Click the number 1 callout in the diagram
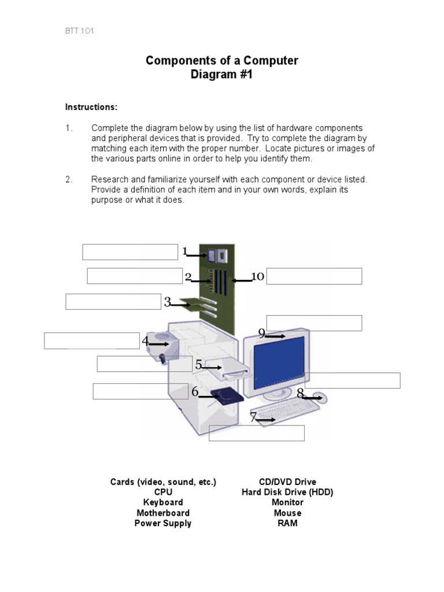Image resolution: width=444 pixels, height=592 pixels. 185,251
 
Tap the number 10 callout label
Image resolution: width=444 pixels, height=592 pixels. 257,277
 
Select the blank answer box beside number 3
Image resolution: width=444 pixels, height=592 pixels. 113,302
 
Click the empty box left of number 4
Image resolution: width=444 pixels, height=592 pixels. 92,341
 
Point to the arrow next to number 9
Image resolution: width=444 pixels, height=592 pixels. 276,336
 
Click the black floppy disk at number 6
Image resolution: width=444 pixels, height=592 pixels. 226,396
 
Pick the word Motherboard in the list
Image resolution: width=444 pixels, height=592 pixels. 163,513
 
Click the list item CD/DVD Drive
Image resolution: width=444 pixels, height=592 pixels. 287,482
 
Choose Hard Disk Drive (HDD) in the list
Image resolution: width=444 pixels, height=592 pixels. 287,492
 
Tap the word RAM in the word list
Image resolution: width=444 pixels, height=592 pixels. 287,523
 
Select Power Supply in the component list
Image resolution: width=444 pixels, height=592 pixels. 163,523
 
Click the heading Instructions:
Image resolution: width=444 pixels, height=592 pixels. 91,107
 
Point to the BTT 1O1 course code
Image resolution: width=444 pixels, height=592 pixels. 79,31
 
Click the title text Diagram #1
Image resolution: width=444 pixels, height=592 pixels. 222,75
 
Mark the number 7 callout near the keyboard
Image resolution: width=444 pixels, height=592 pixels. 253,417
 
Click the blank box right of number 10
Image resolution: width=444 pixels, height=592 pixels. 314,276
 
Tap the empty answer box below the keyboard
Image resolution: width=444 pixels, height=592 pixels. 256,433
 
